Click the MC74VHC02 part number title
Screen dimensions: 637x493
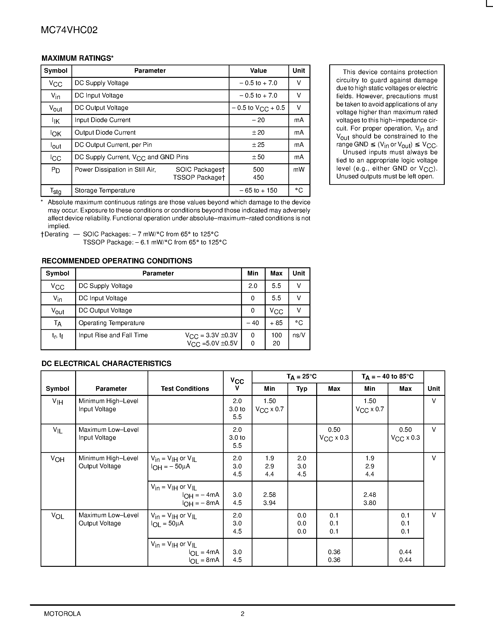point(69,30)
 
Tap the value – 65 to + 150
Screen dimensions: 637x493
point(258,190)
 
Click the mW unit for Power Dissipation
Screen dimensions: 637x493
point(299,170)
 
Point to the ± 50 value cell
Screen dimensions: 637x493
point(258,157)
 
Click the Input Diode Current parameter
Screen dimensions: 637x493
point(103,120)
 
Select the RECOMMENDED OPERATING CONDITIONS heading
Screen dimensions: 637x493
point(117,261)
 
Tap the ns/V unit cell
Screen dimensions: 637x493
point(299,335)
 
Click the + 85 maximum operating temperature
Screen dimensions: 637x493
point(276,323)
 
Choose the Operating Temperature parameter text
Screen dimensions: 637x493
point(112,323)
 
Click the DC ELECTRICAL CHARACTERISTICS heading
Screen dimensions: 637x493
point(106,364)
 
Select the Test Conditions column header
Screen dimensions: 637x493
point(185,389)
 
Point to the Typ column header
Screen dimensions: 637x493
point(302,389)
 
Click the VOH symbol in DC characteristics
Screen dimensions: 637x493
point(58,459)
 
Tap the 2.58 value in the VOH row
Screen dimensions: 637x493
point(269,495)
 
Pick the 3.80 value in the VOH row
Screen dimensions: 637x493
point(369,503)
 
